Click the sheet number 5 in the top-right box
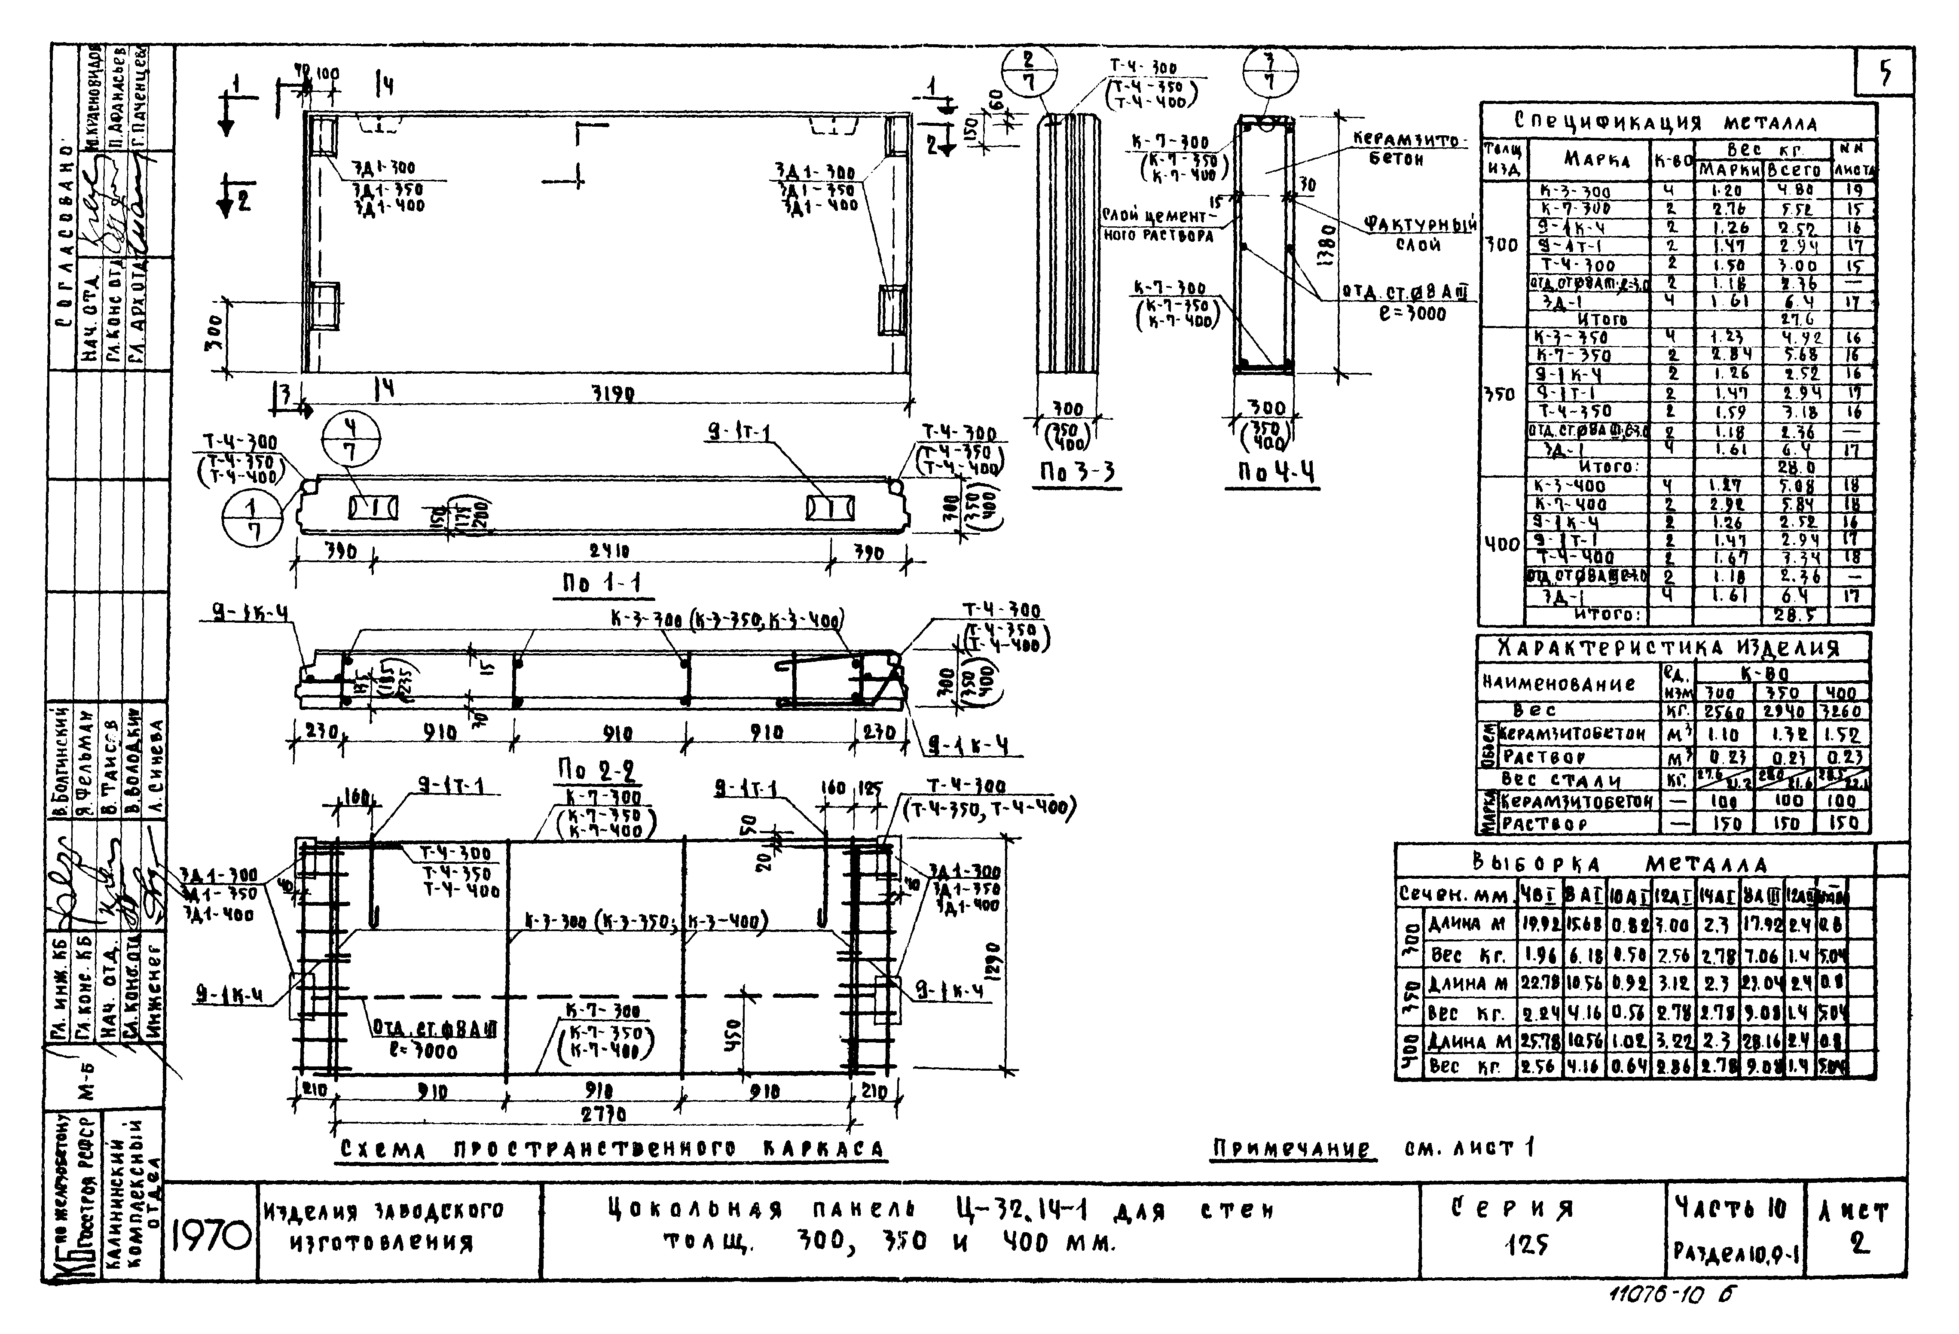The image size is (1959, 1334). [1885, 74]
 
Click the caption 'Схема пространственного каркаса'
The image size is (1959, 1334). [612, 1149]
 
